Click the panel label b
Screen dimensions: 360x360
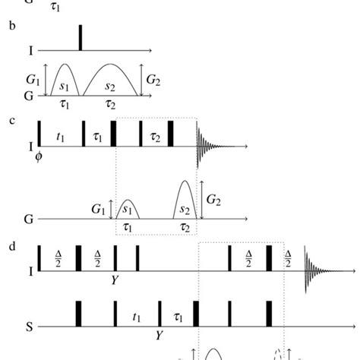[11, 26]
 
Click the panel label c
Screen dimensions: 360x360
[11, 119]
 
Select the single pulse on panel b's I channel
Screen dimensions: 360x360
[80, 38]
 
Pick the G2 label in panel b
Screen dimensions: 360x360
[152, 77]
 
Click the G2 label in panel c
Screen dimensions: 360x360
[213, 200]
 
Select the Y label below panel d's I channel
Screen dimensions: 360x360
[115, 280]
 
